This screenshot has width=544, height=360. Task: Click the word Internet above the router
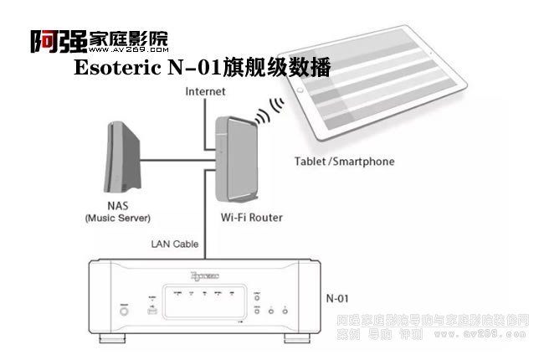point(206,90)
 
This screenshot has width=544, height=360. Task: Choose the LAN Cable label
point(175,244)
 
